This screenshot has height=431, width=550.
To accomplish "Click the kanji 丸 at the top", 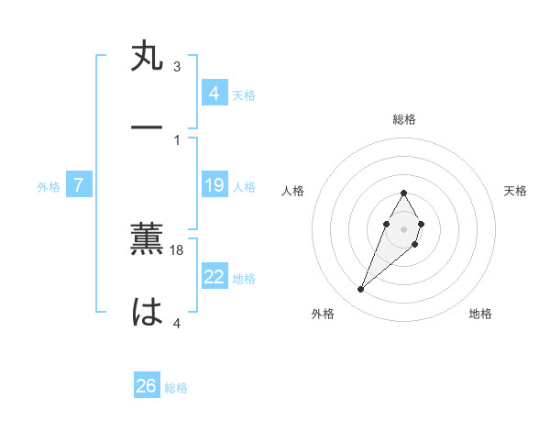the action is point(148,57).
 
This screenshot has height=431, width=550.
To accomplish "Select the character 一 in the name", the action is point(148,127).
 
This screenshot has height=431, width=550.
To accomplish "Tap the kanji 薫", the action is point(148,239).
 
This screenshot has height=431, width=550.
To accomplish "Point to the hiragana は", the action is point(148,312).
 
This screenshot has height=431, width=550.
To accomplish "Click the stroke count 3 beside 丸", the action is point(177,66).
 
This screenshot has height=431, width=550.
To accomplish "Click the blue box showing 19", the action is point(214,186).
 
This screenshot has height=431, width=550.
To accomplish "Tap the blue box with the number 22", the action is point(214,277).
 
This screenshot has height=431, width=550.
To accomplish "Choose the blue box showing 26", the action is point(147,386).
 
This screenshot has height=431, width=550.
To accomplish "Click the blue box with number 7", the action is point(79,186).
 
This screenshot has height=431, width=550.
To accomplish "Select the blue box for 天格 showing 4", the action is point(214,94).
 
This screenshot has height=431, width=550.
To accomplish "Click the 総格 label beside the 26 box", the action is point(176,388).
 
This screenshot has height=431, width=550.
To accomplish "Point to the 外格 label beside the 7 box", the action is point(49,187).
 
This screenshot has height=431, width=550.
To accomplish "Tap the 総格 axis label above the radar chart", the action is point(404,119).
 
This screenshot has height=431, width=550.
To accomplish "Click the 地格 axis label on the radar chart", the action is point(480,315).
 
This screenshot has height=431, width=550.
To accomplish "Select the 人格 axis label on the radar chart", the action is point(293,191).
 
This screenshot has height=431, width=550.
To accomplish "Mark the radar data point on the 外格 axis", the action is point(361,290).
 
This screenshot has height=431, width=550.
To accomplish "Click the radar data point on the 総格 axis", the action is point(404,193).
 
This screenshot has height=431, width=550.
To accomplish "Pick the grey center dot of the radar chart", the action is point(404,228).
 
